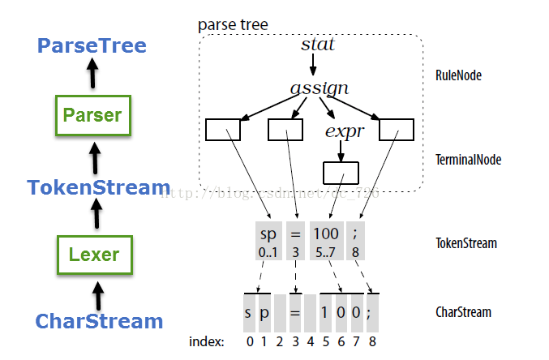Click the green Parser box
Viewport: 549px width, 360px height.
coord(93,115)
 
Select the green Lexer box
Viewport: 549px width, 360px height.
coord(93,255)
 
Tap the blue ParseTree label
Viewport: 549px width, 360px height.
coord(92,46)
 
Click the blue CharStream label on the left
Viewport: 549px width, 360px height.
coord(99,321)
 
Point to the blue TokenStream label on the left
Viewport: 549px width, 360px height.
coord(98,188)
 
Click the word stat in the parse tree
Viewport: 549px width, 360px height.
coord(317,44)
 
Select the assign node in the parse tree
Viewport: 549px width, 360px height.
coord(320,88)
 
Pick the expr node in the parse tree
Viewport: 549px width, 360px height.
coord(343,131)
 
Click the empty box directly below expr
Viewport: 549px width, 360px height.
coord(341,173)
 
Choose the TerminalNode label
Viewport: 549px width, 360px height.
coord(469,160)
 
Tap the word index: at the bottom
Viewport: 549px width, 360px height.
coord(206,341)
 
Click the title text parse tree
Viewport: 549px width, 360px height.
coord(233,24)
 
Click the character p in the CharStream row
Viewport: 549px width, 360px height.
coord(264,311)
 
